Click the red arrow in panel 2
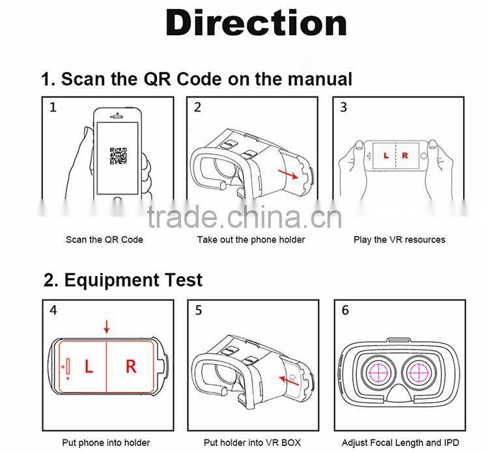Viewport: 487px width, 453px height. [x=289, y=173]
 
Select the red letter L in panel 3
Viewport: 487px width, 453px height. [x=385, y=156]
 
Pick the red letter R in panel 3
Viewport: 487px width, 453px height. [x=405, y=156]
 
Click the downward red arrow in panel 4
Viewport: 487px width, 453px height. [x=107, y=327]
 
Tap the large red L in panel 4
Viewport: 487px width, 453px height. [x=89, y=366]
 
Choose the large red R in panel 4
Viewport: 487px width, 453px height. [x=131, y=366]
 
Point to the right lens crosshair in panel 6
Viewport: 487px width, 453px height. [x=423, y=373]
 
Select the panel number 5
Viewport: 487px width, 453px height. [x=199, y=310]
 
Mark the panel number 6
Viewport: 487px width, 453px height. [x=345, y=310]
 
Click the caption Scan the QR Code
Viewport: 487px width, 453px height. [x=104, y=240]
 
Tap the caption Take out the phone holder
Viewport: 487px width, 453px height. [x=251, y=240]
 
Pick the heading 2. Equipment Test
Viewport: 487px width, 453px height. [x=123, y=280]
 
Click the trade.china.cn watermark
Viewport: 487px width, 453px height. [x=244, y=217]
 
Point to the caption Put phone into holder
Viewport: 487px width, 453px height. [x=106, y=443]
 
